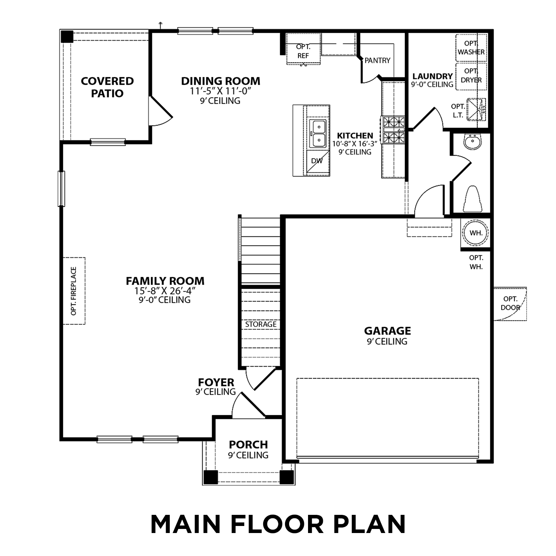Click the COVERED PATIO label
pos(107,87)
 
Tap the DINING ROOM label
pos(221,81)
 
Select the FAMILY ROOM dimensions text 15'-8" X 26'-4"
pos(165,291)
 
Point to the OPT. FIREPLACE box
pos(74,291)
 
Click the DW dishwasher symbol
pos(317,161)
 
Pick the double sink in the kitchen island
pos(318,133)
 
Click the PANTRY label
pos(377,60)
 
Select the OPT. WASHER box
pos(471,48)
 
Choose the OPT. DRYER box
pos(471,76)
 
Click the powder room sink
pos(472,142)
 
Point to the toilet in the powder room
pos(473,199)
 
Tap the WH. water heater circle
pos(476,233)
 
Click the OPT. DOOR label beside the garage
pos(510,303)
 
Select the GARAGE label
pos(387,331)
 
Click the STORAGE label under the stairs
pos(261,324)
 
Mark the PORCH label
pos(248,444)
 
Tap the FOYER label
pos(216,382)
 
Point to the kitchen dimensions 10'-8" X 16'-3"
pos(355,144)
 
